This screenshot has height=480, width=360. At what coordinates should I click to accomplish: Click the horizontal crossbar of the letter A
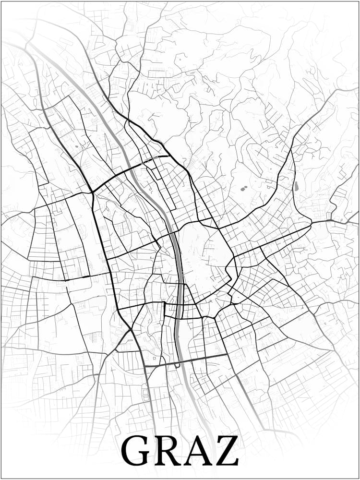[x=197, y=455]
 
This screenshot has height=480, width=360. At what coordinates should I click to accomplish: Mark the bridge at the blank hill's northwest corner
[x=171, y=234]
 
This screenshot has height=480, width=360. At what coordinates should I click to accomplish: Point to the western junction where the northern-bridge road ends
[x=92, y=192]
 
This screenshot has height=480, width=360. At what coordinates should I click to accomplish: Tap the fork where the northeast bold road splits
[x=291, y=150]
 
